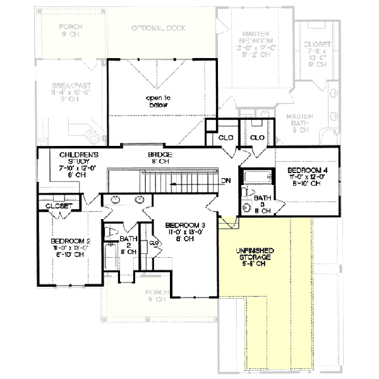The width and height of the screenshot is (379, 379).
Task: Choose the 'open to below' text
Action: tap(159, 102)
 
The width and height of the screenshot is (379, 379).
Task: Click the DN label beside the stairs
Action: tap(226, 181)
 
